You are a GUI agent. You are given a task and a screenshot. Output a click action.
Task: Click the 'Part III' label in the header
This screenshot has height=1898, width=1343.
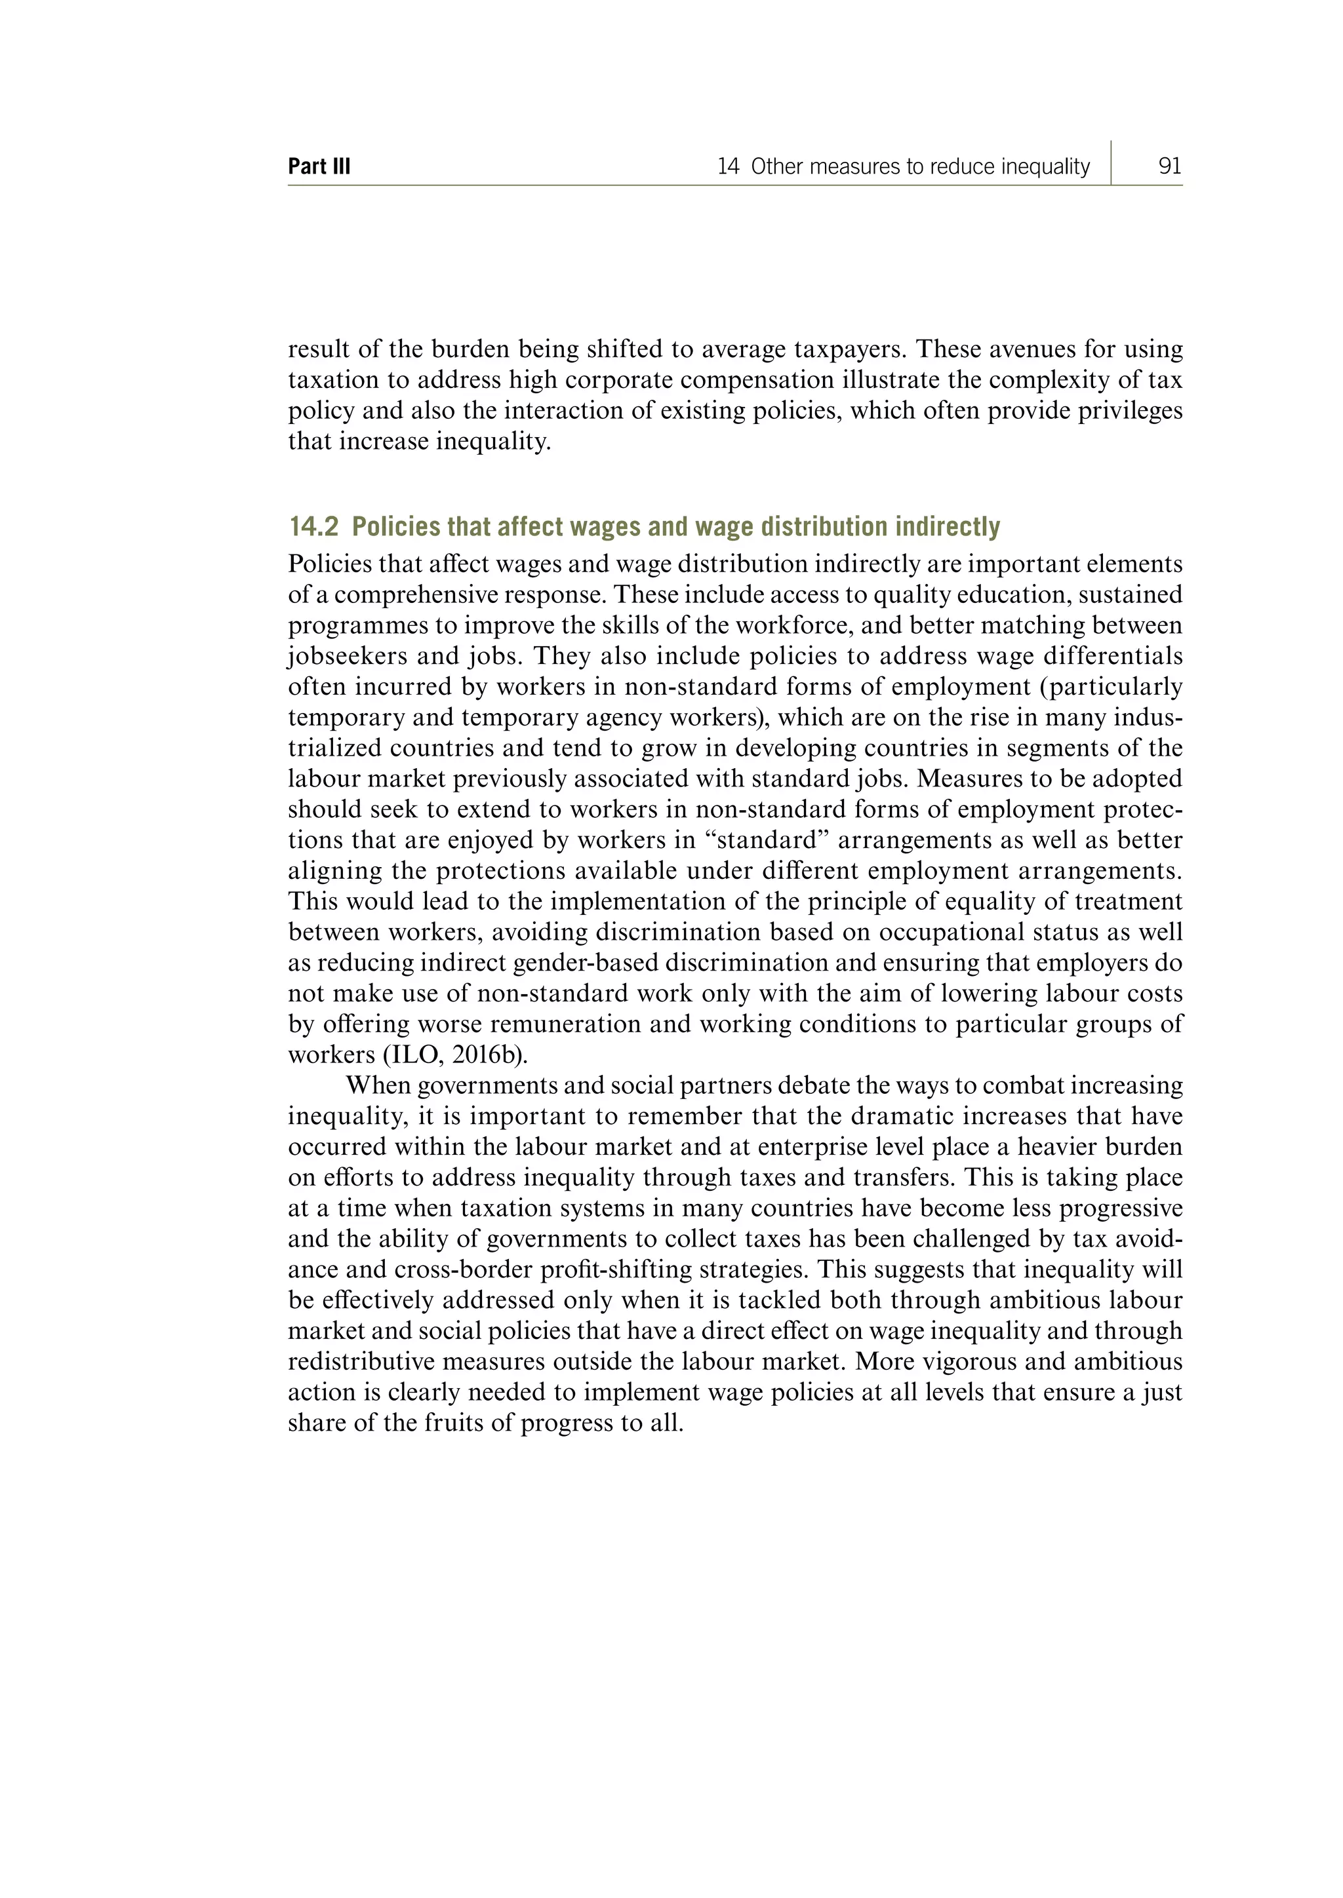pyautogui.click(x=319, y=167)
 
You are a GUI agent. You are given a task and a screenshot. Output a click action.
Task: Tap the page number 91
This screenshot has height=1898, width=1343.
pyautogui.click(x=1169, y=167)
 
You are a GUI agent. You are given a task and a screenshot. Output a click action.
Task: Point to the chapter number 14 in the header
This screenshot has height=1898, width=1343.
pyautogui.click(x=728, y=167)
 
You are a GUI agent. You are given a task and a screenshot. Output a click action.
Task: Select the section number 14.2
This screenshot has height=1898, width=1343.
pyautogui.click(x=313, y=526)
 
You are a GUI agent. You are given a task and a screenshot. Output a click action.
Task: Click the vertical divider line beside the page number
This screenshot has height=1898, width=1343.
pyautogui.click(x=1111, y=163)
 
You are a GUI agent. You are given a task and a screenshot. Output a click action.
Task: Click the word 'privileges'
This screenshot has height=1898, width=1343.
pyautogui.click(x=1131, y=411)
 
